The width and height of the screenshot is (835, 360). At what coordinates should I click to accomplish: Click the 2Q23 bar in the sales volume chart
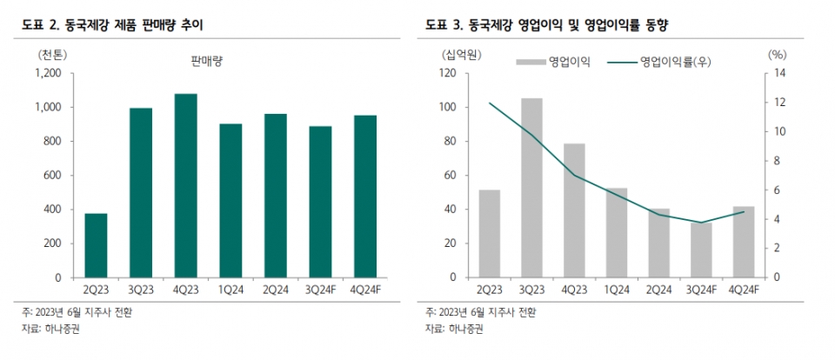pos(96,245)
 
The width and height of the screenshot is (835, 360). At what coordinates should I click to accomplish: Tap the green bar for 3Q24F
pos(320,202)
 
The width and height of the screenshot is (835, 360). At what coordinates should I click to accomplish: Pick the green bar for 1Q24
pos(230,200)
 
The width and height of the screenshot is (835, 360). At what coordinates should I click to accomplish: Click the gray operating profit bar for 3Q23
pos(531,188)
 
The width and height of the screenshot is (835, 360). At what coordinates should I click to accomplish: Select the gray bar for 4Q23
pos(575,210)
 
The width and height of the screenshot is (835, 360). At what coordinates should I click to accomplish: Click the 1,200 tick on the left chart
pos(50,73)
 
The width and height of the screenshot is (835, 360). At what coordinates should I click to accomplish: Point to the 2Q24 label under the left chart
pos(276,290)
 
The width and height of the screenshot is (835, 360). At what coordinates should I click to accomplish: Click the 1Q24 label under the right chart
pos(617,290)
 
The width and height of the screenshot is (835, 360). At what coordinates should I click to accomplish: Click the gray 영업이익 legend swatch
pos(530,62)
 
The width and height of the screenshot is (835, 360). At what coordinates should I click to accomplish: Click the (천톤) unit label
pos(51,54)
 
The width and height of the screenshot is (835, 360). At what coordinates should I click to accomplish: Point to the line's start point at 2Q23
pos(490,103)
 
